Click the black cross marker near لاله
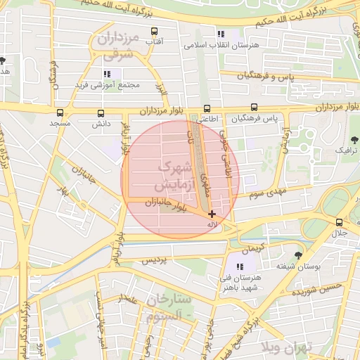(212, 213)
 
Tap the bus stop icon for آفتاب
(154, 31)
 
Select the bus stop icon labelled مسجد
(60, 112)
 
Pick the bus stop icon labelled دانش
(101, 112)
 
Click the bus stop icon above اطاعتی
(207, 108)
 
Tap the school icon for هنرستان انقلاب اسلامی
(221, 34)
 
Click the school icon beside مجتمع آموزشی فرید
(107, 74)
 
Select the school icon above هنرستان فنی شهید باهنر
(240, 266)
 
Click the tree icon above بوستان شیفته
(299, 255)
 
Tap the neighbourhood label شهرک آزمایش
(170, 177)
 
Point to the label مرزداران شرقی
(120, 46)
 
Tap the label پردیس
(156, 260)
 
